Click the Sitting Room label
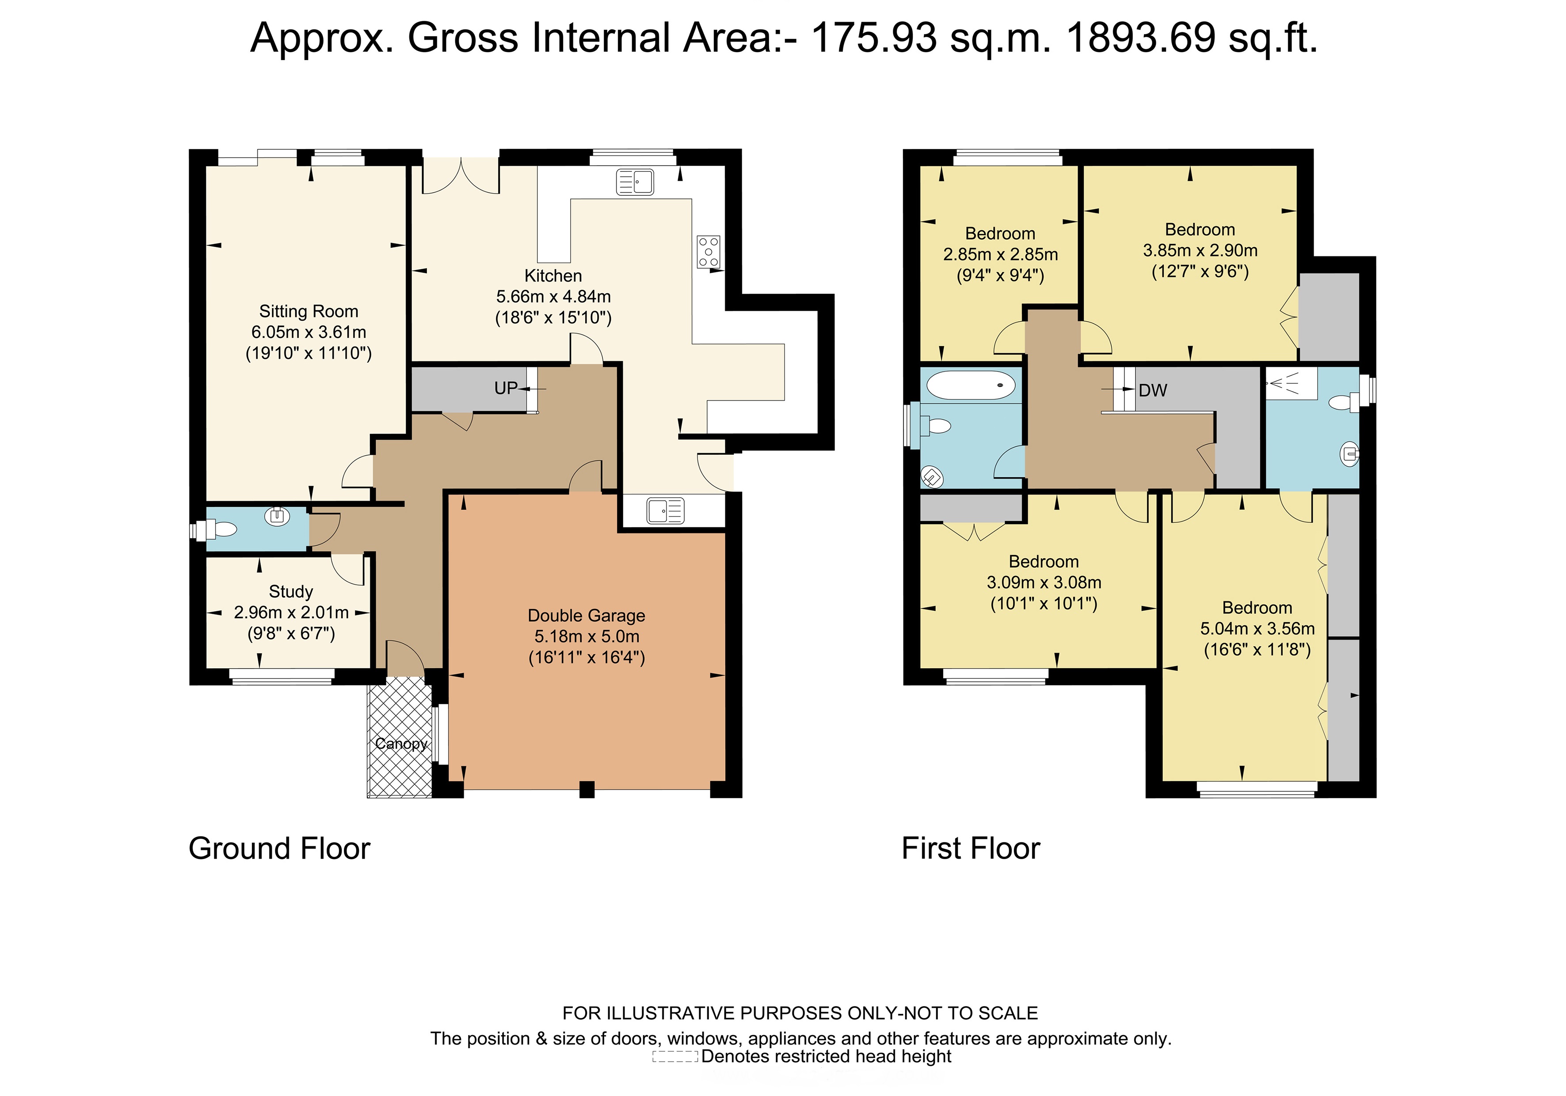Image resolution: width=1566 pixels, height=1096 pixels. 308,312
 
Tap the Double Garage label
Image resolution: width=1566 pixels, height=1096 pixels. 587,616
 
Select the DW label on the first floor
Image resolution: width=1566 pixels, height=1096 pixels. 1153,391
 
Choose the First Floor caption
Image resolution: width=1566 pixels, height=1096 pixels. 971,849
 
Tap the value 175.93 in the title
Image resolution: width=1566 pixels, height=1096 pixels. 874,38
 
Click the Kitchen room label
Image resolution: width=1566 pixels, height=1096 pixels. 553,276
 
